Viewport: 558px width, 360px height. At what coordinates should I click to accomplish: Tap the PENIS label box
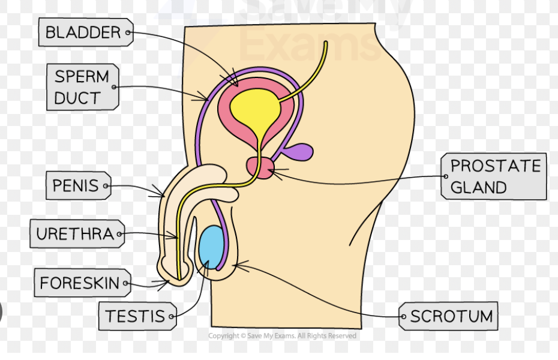click(x=75, y=186)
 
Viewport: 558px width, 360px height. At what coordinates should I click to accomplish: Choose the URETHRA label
click(x=74, y=234)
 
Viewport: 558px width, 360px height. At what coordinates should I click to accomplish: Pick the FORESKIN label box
click(x=80, y=283)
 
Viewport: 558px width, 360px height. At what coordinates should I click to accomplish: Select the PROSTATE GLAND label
click(x=496, y=176)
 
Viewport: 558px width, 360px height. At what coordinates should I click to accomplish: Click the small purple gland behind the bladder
click(x=300, y=152)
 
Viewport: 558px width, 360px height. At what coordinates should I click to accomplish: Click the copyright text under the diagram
click(x=282, y=336)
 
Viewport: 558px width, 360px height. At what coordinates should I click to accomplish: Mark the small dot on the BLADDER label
click(x=127, y=34)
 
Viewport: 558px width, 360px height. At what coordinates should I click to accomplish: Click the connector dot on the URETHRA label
click(x=119, y=234)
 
